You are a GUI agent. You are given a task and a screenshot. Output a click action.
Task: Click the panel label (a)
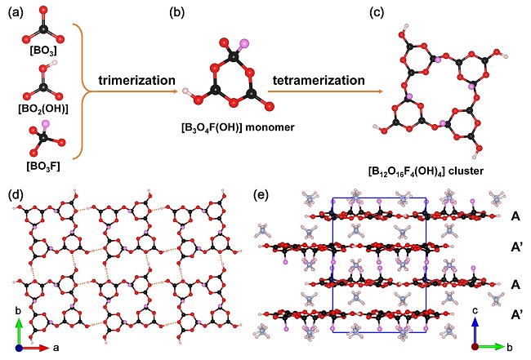click(x=16, y=12)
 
